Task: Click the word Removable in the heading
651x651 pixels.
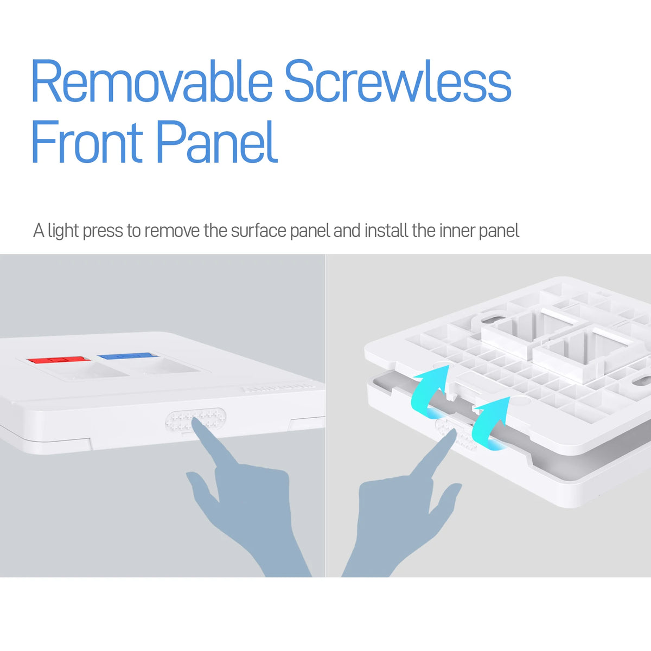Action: coord(152,81)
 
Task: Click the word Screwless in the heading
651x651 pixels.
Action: coord(398,81)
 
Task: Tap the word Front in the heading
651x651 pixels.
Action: coord(87,143)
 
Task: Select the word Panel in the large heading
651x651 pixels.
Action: coord(217,143)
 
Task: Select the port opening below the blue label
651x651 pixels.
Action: coord(165,367)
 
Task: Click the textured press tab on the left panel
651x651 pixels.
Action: coord(195,419)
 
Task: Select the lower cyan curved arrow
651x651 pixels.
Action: coord(488,422)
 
